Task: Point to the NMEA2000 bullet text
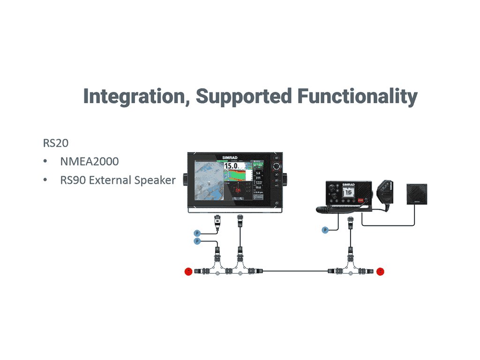point(89,162)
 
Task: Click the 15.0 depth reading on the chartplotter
point(231,166)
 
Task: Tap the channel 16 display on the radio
point(348,194)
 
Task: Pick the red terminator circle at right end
point(380,271)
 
